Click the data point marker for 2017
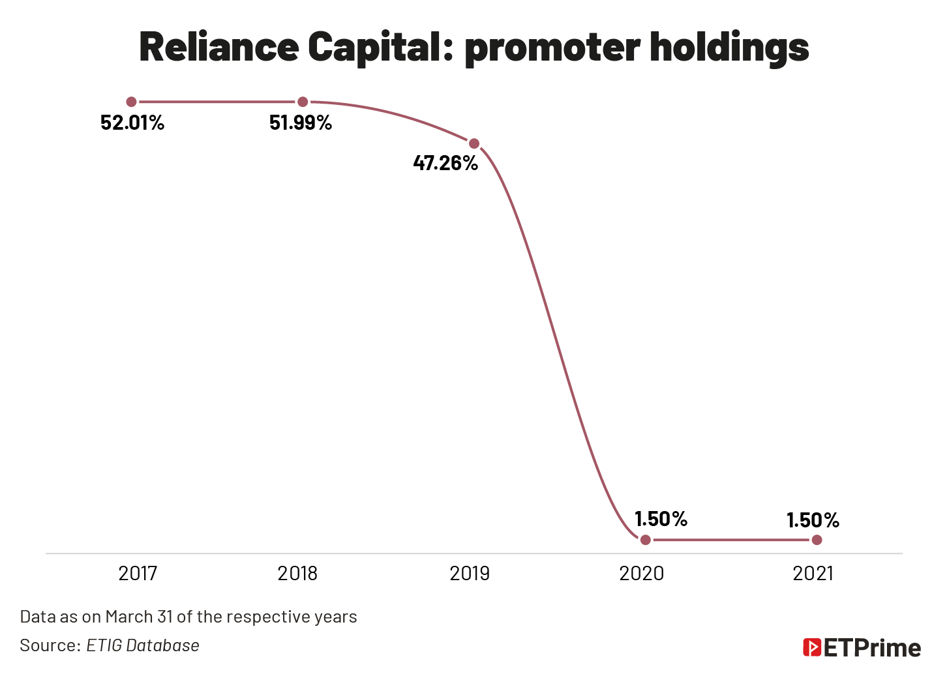tap(131, 102)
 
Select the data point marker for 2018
tap(303, 102)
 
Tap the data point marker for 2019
tap(474, 143)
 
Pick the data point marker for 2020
tap(645, 540)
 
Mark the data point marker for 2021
tap(817, 540)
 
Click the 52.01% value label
tap(132, 123)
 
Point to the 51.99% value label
tap(301, 123)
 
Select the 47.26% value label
tap(445, 163)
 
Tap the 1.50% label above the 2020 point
tap(661, 519)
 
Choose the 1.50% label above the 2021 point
tap(813, 520)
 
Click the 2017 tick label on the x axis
tap(138, 574)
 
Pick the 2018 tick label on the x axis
tap(297, 574)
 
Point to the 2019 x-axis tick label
tap(470, 574)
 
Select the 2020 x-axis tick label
tap(641, 574)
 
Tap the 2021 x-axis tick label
tap(813, 574)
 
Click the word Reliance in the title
tap(218, 47)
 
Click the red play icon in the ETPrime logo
tap(812, 647)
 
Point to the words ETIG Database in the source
tap(143, 645)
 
